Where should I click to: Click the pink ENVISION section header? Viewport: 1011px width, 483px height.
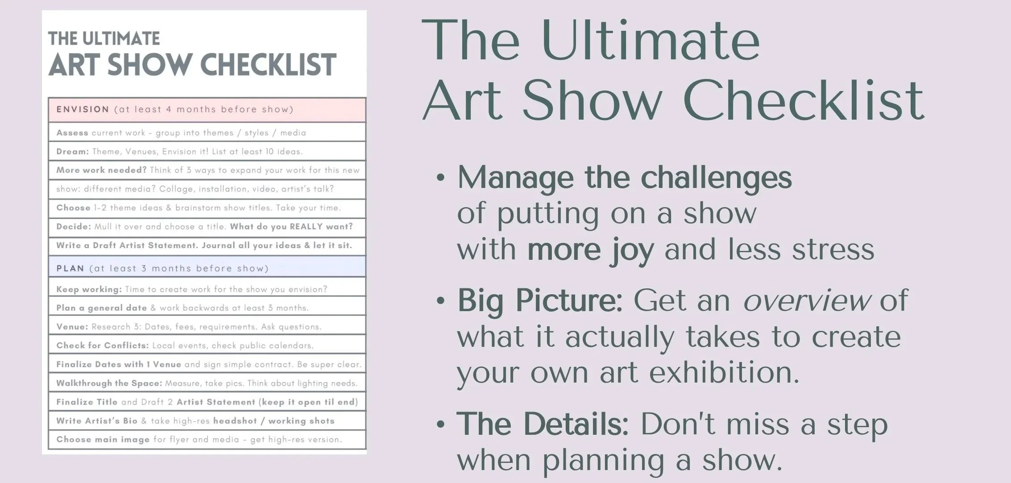point(207,109)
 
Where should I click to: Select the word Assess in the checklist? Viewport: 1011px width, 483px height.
point(72,133)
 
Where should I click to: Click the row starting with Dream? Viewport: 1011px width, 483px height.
point(207,151)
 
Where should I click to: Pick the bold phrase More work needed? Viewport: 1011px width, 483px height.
point(101,170)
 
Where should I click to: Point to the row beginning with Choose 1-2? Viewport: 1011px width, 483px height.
point(207,208)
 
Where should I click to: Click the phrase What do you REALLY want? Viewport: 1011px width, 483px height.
point(291,226)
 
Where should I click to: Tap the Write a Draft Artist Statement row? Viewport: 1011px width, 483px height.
point(207,246)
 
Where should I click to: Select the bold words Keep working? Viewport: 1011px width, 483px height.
point(89,289)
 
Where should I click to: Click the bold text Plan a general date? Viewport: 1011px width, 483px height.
point(101,308)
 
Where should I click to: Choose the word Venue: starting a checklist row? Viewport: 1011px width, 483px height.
point(72,327)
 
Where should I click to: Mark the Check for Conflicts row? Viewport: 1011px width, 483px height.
point(207,346)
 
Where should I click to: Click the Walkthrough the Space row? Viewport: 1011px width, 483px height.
point(207,383)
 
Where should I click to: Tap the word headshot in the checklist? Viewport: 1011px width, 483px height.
point(235,421)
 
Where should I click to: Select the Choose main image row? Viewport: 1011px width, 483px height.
point(207,439)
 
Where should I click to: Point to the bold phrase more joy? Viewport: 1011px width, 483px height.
point(591,250)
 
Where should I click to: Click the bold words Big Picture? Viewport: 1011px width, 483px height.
point(540,301)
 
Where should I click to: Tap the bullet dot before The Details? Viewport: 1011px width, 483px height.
point(441,424)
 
